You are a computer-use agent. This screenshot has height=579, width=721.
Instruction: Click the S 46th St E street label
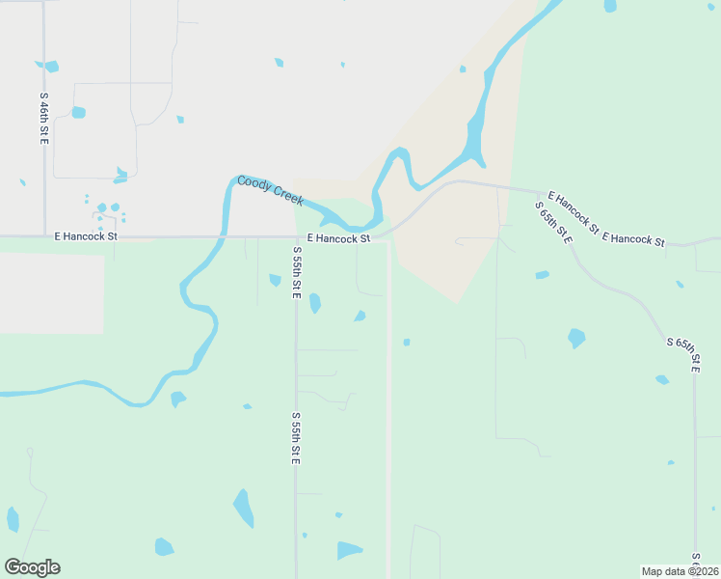pos(44,119)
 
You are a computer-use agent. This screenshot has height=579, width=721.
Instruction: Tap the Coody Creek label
pos(271,189)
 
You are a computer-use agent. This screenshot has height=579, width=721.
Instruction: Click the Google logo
pos(32,567)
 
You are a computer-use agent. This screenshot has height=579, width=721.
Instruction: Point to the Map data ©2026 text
pos(680,571)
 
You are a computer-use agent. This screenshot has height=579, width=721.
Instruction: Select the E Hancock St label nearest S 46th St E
pos(85,235)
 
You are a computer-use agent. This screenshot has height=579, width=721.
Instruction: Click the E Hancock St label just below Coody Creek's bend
pos(338,238)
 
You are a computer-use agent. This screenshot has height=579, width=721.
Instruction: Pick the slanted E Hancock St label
pos(573,213)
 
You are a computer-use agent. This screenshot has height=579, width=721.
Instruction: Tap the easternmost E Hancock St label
pos(633,238)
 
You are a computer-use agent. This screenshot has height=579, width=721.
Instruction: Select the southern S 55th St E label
pos(297,439)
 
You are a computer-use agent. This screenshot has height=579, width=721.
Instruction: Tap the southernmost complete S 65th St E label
pos(682,355)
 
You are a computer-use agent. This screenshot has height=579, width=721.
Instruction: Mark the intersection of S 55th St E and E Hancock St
pos(295,236)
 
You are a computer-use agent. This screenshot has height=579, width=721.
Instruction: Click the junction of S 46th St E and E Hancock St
pos(44,235)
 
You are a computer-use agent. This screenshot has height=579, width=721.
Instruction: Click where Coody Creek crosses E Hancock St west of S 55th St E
pos(223,235)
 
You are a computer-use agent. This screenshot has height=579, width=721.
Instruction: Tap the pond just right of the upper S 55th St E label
pos(314,303)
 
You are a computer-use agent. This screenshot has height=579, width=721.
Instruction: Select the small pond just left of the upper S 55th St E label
pos(275,280)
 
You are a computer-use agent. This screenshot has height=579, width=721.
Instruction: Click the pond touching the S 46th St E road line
pos(49,67)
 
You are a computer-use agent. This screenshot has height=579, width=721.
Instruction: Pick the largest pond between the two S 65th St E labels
pos(576,338)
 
